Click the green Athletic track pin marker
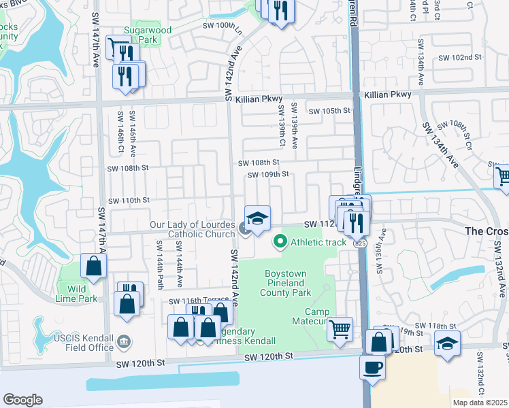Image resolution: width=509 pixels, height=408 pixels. click(279, 241)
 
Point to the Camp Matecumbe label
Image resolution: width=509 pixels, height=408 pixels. click(306, 316)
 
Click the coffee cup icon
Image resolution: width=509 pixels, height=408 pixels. click(372, 367)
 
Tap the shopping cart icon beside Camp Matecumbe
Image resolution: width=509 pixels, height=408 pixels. click(340, 330)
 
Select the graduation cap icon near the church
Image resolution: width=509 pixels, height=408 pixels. click(258, 218)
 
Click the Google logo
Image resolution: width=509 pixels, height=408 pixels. click(22, 400)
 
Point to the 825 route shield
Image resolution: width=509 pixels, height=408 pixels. click(360, 243)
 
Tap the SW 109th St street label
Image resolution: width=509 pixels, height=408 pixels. click(268, 175)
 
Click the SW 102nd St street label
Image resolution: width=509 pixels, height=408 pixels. click(459, 58)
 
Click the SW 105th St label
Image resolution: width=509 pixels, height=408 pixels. click(329, 111)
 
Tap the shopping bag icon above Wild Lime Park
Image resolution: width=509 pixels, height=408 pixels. click(93, 267)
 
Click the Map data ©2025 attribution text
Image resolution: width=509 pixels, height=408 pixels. click(480, 403)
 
